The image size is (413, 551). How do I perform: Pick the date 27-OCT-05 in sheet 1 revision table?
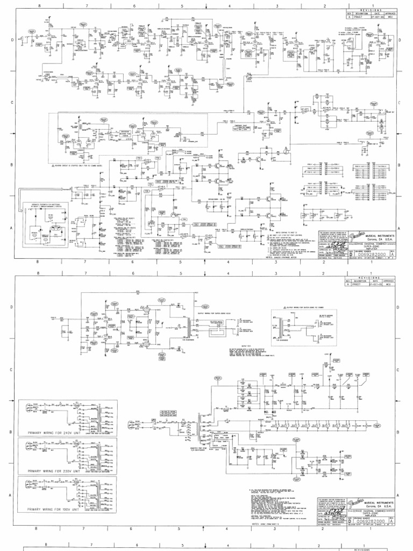pyautogui.click(x=375, y=17)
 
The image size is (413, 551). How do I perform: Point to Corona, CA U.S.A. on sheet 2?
pyautogui.click(x=376, y=508)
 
